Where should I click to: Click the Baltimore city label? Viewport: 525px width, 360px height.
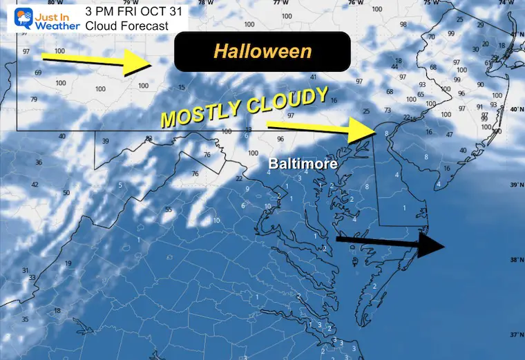click(305, 164)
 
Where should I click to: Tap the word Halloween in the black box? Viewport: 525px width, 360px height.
click(262, 50)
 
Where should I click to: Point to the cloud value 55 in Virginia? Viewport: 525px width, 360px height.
click(169, 209)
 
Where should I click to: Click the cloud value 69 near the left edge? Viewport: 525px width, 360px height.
click(38, 73)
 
